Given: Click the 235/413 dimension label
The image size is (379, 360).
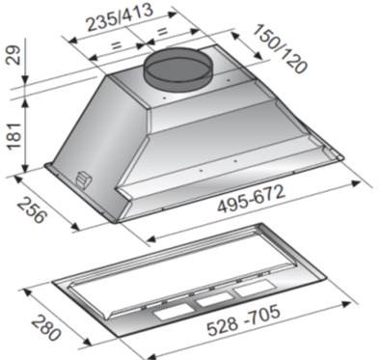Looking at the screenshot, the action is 120,18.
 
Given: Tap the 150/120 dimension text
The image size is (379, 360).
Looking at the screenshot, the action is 279,48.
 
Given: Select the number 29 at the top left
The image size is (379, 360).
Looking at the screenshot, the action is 14,55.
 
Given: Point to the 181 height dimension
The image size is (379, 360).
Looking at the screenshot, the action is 14,135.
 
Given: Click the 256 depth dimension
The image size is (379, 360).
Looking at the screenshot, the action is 32,210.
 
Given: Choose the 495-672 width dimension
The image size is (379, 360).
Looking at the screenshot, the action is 251,199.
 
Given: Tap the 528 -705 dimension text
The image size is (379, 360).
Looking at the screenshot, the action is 243,320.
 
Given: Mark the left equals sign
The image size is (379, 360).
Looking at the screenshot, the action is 117,44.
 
